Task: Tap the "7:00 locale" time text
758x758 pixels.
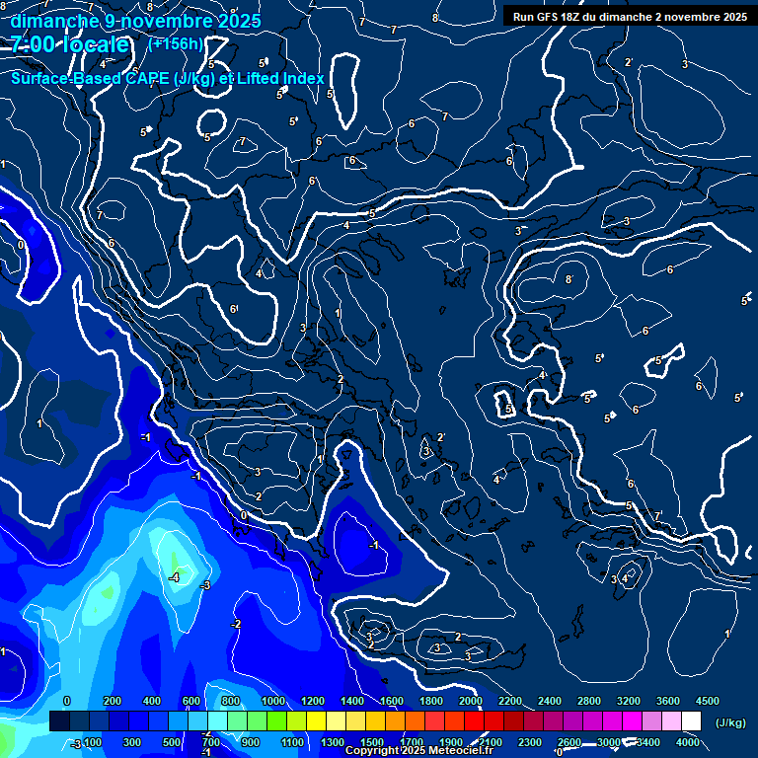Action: click(70, 44)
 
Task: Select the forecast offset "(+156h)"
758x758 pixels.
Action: click(176, 43)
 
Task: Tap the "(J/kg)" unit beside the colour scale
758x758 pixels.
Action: click(729, 722)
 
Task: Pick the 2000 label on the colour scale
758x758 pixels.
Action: click(470, 701)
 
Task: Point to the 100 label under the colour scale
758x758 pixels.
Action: click(93, 742)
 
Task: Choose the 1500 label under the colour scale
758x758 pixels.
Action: click(372, 742)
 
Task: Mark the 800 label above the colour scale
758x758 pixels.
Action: click(232, 701)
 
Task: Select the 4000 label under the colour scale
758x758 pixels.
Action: click(688, 742)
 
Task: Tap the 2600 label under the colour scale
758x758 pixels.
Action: click(569, 742)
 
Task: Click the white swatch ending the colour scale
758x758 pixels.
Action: click(692, 721)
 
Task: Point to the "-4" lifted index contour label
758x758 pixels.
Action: click(173, 576)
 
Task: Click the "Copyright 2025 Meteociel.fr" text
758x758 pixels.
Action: click(419, 751)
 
